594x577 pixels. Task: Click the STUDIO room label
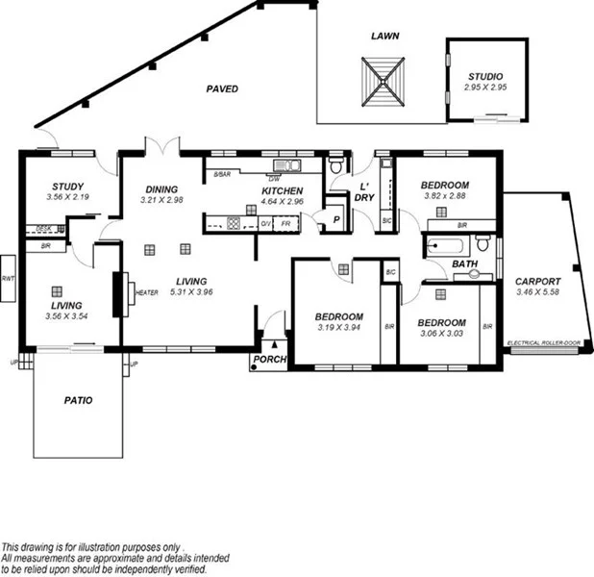tap(484, 76)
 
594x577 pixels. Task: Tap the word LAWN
tap(384, 36)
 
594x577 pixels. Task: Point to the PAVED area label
tap(222, 88)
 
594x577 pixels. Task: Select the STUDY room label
tap(66, 187)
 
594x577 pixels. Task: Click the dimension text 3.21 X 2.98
tap(161, 200)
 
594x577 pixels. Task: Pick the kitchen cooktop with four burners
tap(233, 224)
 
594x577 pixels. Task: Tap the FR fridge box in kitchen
tap(285, 224)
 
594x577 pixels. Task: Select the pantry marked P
tap(335, 219)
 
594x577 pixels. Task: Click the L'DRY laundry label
tap(365, 191)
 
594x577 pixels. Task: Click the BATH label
tap(465, 263)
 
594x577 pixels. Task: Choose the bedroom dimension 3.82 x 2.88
tap(445, 196)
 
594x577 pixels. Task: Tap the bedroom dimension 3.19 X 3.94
tap(338, 328)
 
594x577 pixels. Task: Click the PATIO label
tap(78, 400)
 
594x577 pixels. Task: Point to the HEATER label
tap(146, 292)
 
